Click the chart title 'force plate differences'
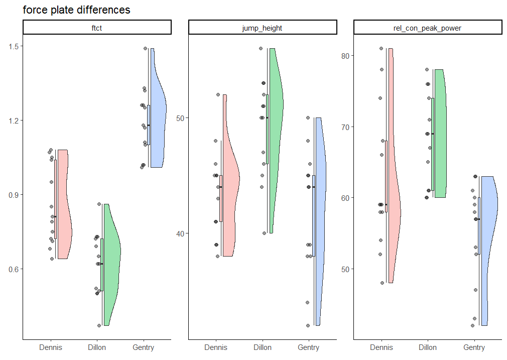point(76,10)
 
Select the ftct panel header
point(97,28)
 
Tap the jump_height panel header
point(262,28)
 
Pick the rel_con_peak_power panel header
point(428,28)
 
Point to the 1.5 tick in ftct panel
point(14,46)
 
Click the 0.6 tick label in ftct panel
point(14,269)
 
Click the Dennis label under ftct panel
point(51,347)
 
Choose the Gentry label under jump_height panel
point(309,347)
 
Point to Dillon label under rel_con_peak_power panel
point(428,347)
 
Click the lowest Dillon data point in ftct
point(99,325)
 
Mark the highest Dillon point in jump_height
point(261,49)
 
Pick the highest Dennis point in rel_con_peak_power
point(382,49)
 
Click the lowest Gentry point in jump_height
point(308,325)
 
